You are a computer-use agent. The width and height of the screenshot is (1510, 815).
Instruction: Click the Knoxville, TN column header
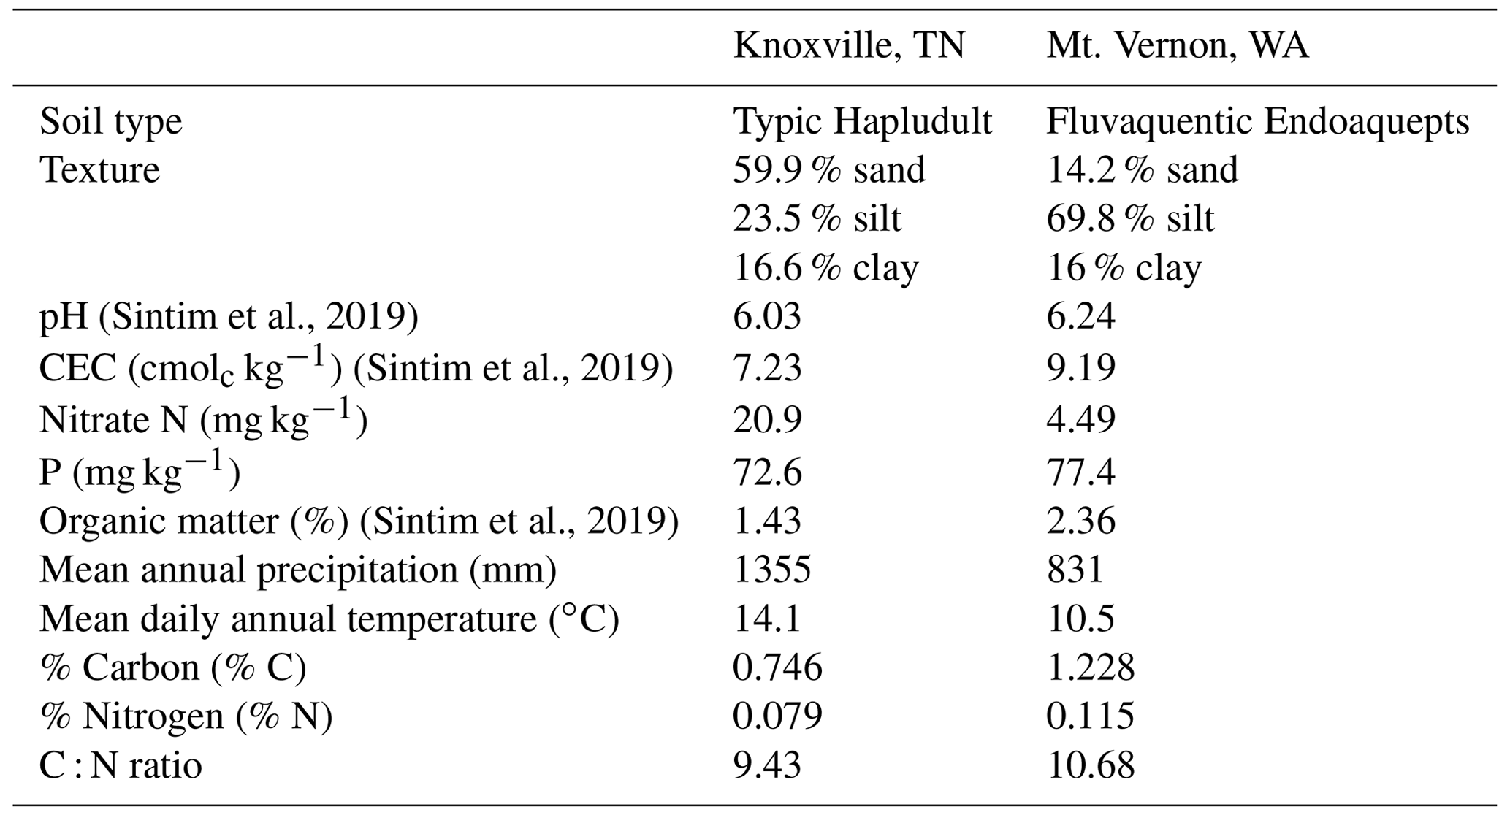coord(849,46)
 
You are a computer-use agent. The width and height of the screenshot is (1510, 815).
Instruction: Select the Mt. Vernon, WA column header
coord(1177,46)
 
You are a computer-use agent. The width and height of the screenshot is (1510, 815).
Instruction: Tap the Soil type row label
coord(110,122)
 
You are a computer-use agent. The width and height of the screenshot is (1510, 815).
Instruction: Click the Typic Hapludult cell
coord(862,122)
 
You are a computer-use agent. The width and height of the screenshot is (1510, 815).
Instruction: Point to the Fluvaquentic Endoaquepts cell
coord(1257,122)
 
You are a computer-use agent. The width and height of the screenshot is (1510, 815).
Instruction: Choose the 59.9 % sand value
coord(829,170)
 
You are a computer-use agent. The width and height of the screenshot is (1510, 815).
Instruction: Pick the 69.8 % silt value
coord(1130,219)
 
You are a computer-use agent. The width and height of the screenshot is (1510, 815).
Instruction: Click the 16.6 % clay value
coord(825,268)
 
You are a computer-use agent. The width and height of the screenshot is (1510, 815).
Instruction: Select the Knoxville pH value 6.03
coord(767,317)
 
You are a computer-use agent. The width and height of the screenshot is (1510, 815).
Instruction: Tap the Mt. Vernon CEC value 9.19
coord(1080,367)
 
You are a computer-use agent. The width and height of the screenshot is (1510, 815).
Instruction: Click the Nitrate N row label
coord(203,420)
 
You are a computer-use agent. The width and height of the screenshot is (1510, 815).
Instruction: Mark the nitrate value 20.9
coord(767,420)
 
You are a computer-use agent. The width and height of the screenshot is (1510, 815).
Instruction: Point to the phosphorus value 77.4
coord(1080,472)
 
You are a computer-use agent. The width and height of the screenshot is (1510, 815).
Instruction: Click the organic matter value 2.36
coord(1080,521)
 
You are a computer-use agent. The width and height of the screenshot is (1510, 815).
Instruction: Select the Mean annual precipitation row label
coord(298,570)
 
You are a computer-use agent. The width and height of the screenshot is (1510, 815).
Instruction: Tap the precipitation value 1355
coord(771,570)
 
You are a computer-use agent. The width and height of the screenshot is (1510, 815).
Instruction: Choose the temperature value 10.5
coord(1080,619)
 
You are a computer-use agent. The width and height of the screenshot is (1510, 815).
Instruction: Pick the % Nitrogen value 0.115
coord(1090,716)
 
